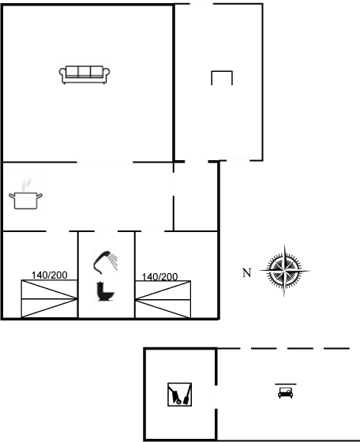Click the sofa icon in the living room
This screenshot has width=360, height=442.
point(85,73)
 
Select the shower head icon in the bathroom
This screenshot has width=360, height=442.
point(103,259)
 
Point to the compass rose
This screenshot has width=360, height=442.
point(285,272)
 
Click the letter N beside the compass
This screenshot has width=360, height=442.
point(246,273)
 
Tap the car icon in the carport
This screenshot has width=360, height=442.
point(284,391)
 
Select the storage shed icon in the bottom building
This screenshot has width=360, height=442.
point(179,392)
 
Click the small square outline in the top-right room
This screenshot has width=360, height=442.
point(222,77)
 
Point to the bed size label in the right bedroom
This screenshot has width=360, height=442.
point(159,276)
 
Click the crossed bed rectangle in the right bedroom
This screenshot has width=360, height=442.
point(163,298)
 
